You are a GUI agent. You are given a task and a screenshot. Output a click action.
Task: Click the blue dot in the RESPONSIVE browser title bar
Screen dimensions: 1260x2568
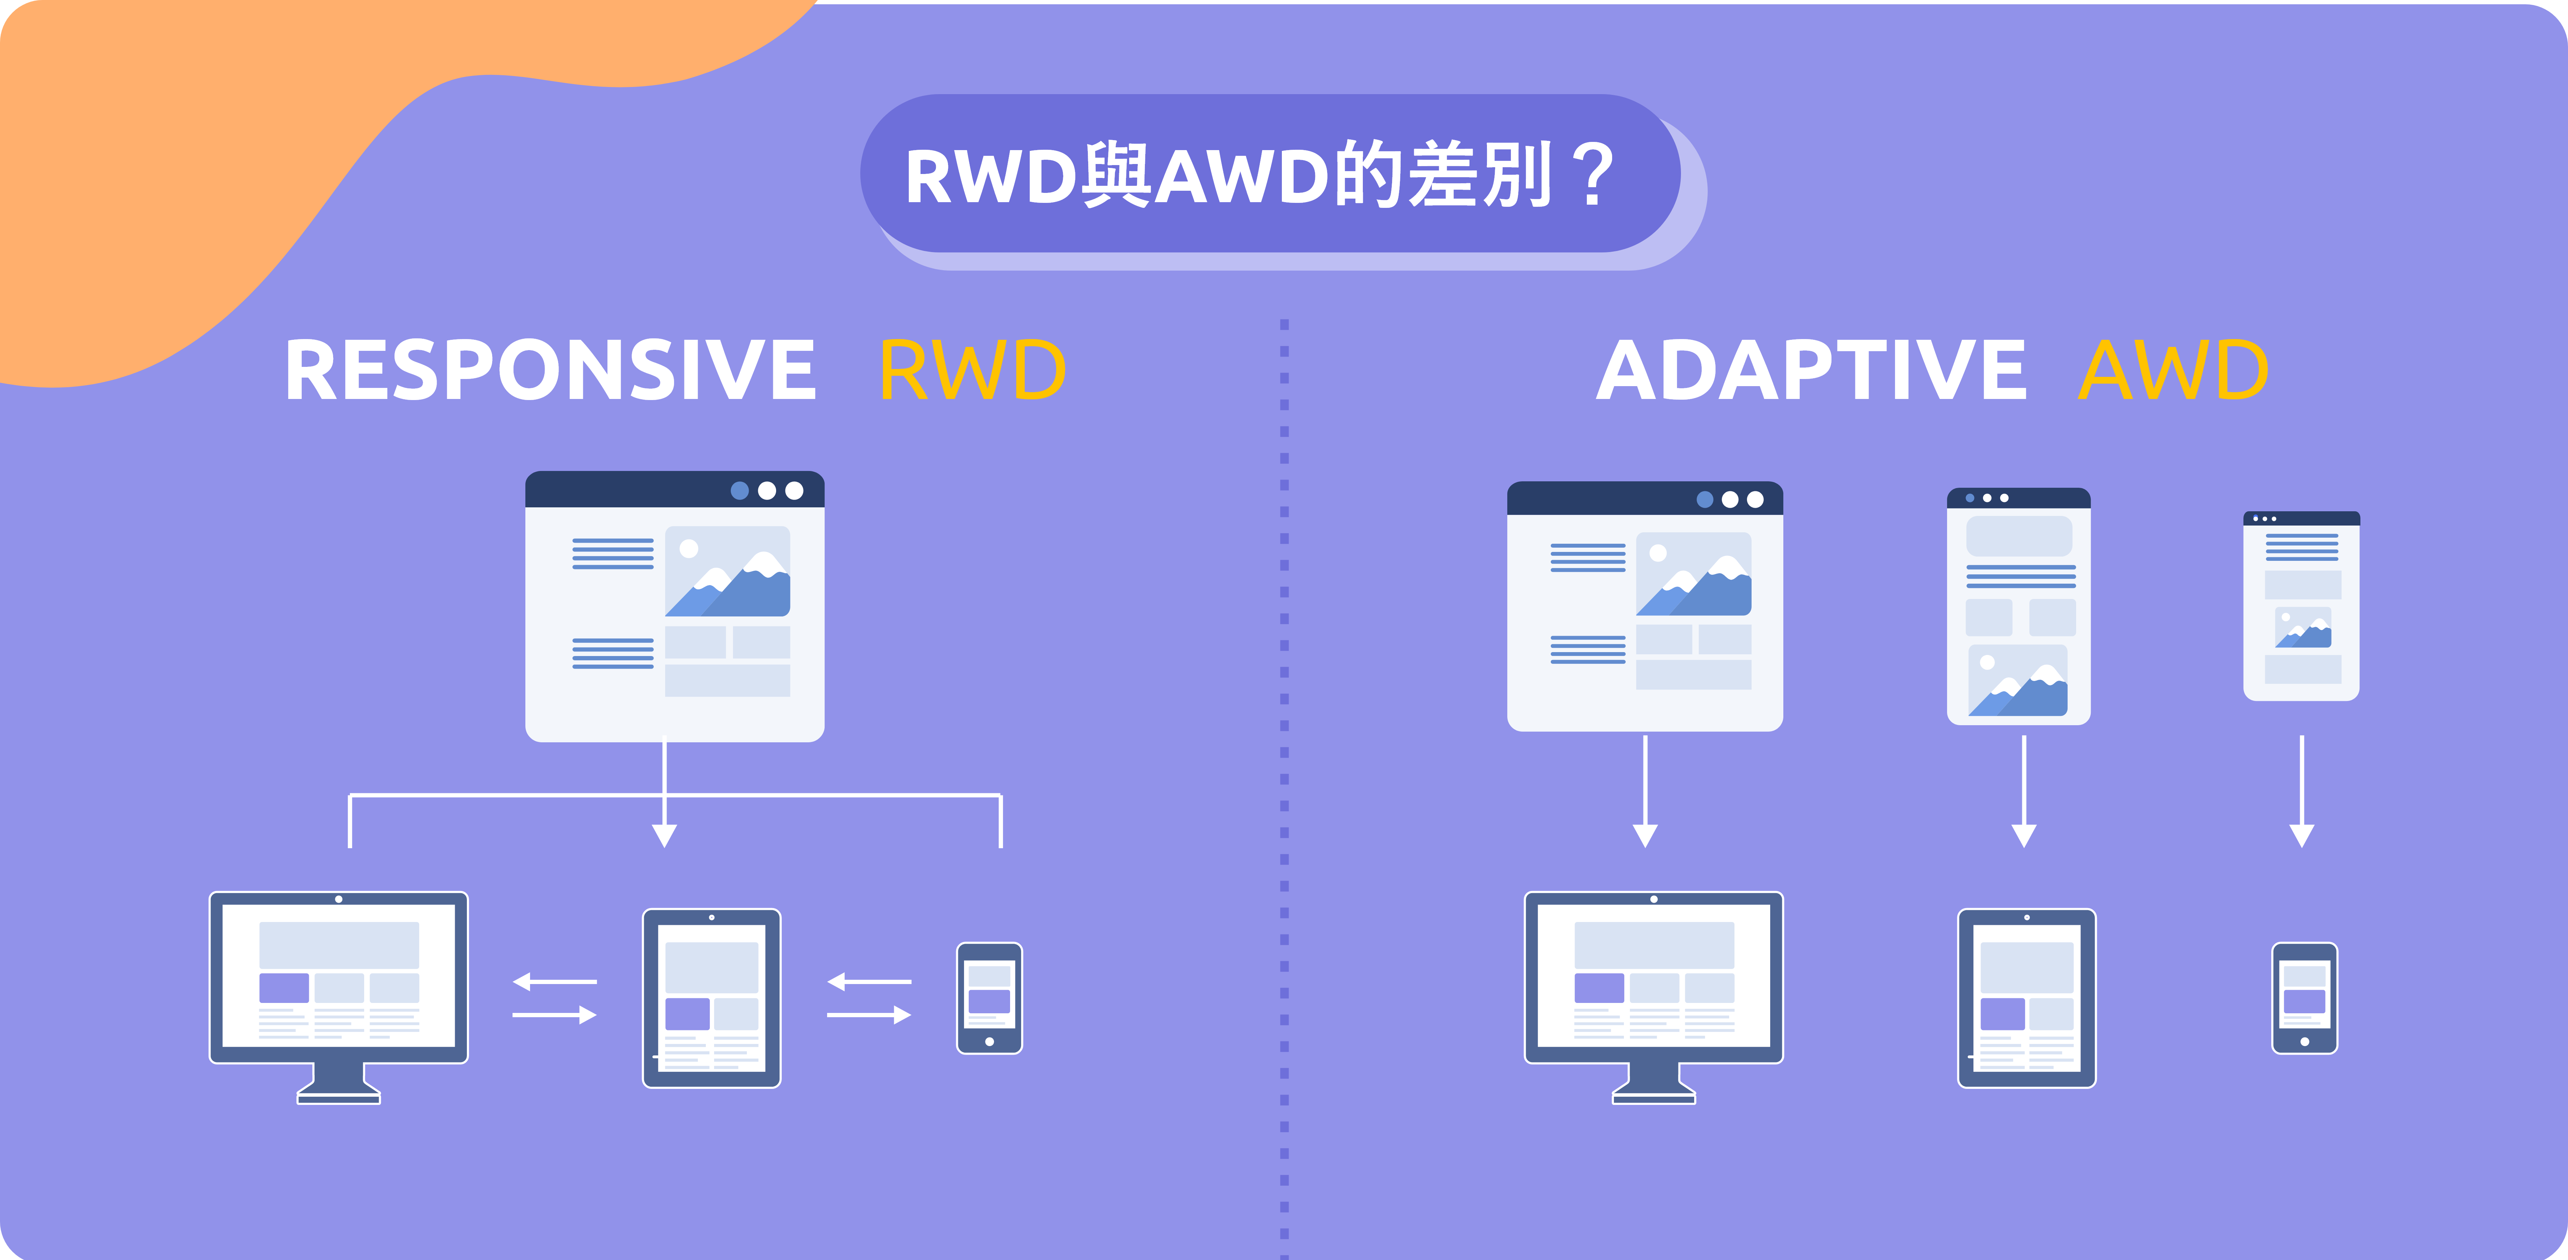[740, 491]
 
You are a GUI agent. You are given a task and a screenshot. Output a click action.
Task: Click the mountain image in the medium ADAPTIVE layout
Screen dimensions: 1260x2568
[2018, 681]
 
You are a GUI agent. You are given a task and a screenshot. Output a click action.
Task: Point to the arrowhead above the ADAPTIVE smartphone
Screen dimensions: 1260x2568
[2302, 835]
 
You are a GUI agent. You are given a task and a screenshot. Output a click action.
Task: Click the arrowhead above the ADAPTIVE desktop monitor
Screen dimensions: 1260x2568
[1645, 835]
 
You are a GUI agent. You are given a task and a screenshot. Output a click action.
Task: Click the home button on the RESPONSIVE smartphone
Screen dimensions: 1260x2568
[989, 1042]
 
